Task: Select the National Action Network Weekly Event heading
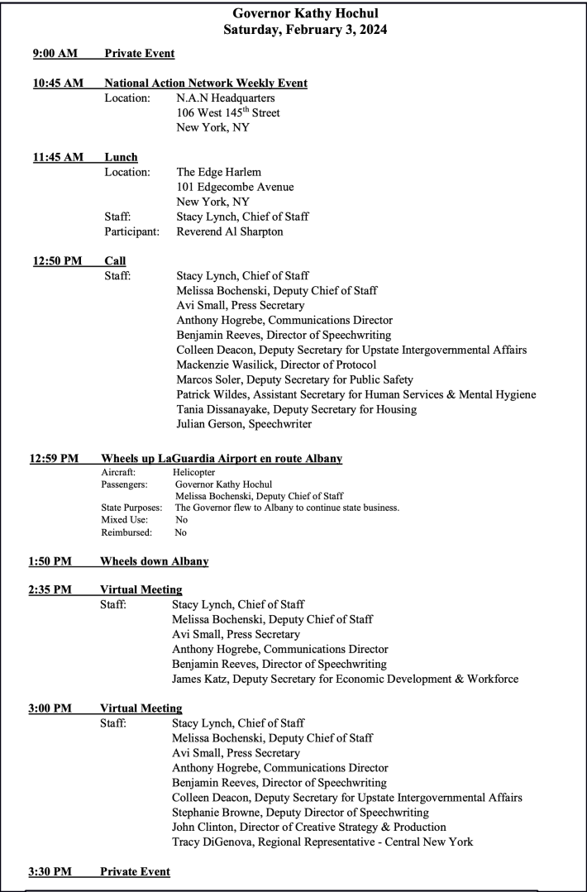tap(206, 83)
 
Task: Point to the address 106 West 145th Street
tap(228, 112)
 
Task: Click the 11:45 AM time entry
tap(58, 157)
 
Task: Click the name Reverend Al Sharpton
tap(230, 231)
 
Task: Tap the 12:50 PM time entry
tap(58, 261)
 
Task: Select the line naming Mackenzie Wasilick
tap(276, 365)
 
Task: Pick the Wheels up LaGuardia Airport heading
tap(222, 459)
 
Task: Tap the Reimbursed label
tap(121, 532)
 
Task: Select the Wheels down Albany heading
tap(154, 561)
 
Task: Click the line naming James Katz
tap(345, 679)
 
